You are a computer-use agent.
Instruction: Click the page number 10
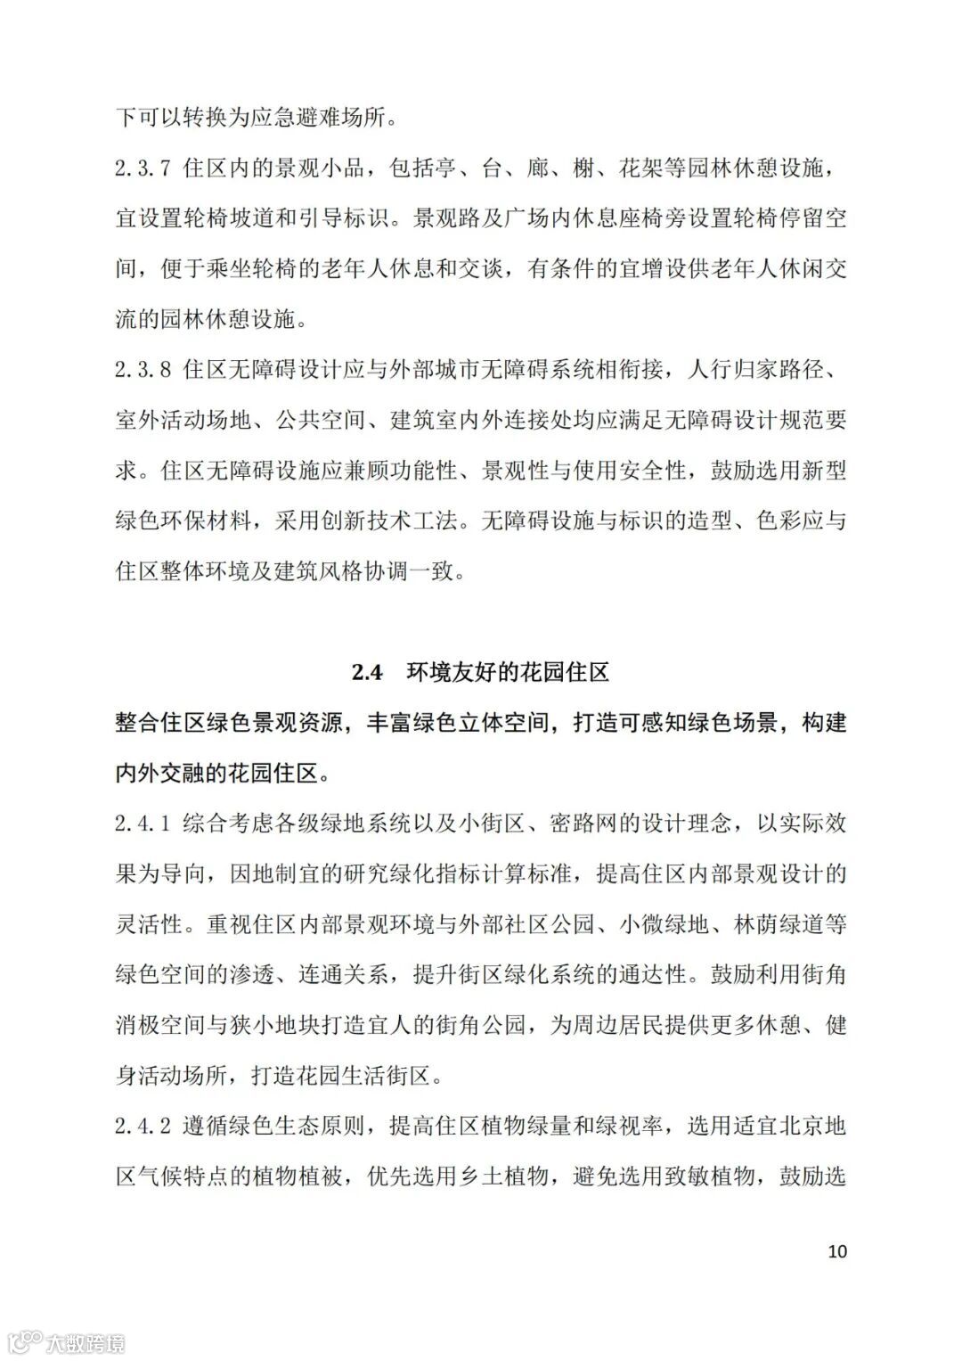[837, 1250]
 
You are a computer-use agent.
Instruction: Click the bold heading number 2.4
[366, 672]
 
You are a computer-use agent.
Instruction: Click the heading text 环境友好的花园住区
[508, 672]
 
